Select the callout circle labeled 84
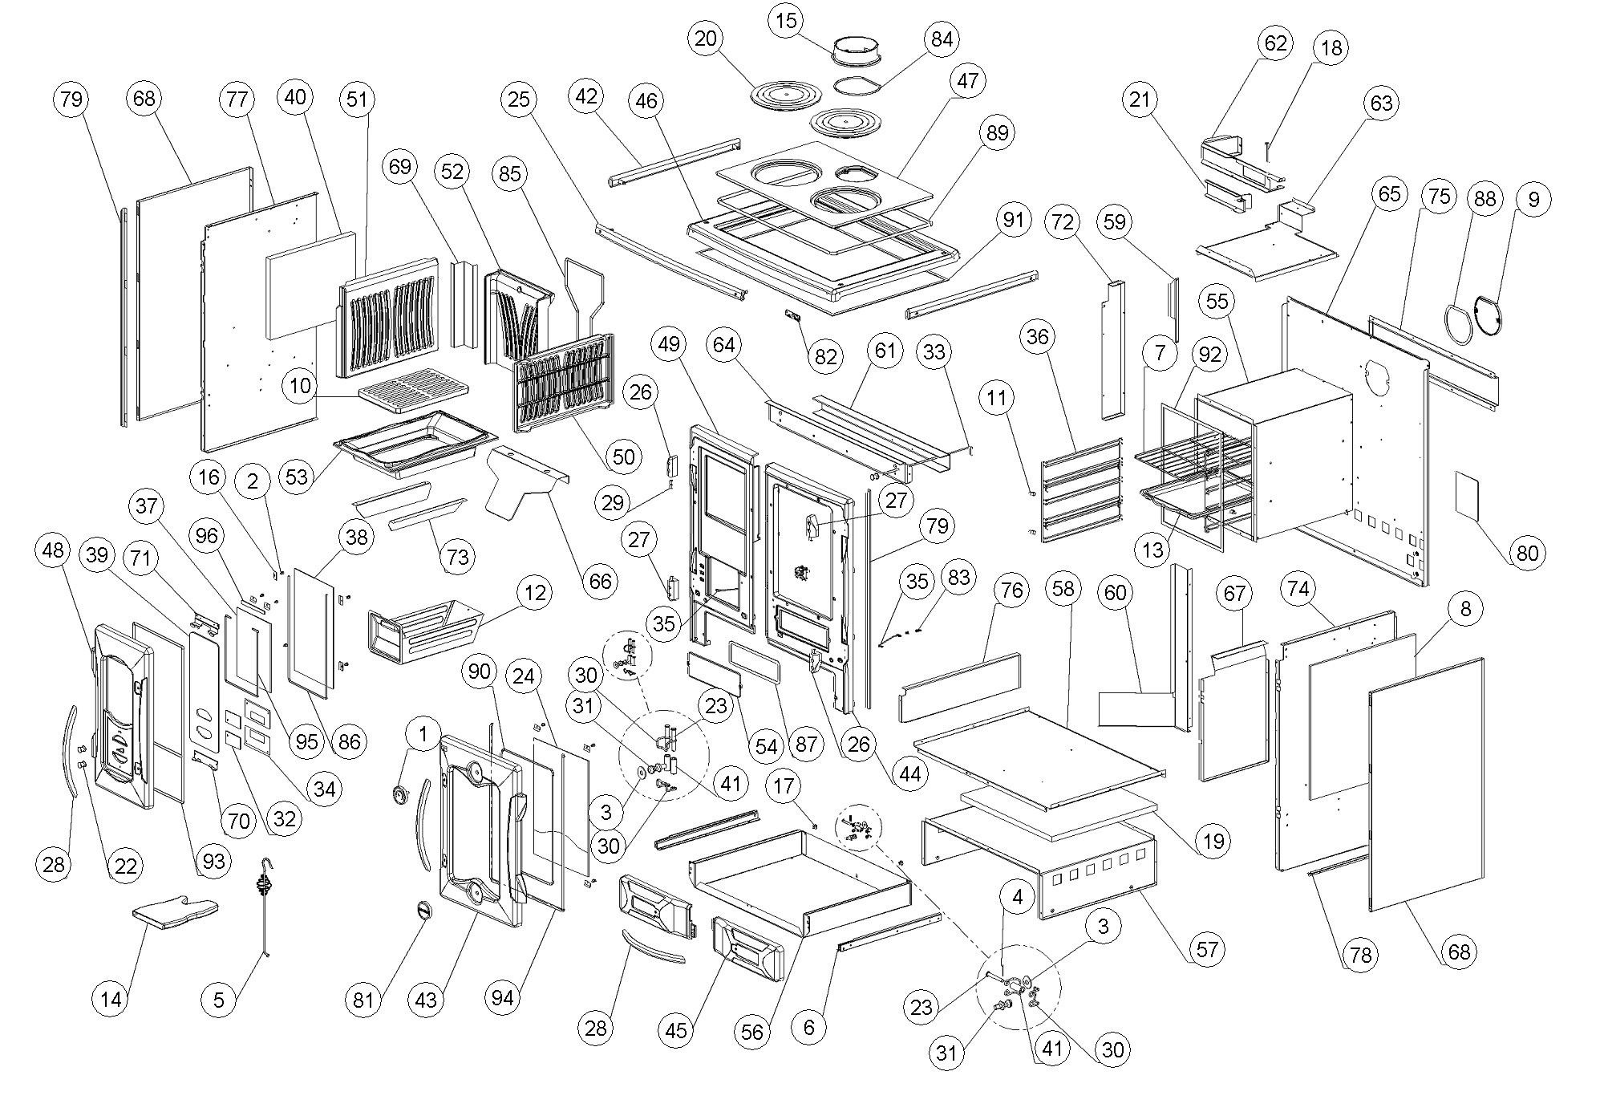(942, 39)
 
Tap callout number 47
(968, 81)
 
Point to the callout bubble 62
(1275, 43)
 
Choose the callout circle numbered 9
(1533, 199)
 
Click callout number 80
(1528, 553)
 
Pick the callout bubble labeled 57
(1207, 950)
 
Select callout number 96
(207, 536)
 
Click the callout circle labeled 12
(536, 594)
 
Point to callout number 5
(219, 1000)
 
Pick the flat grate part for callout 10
(413, 388)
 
